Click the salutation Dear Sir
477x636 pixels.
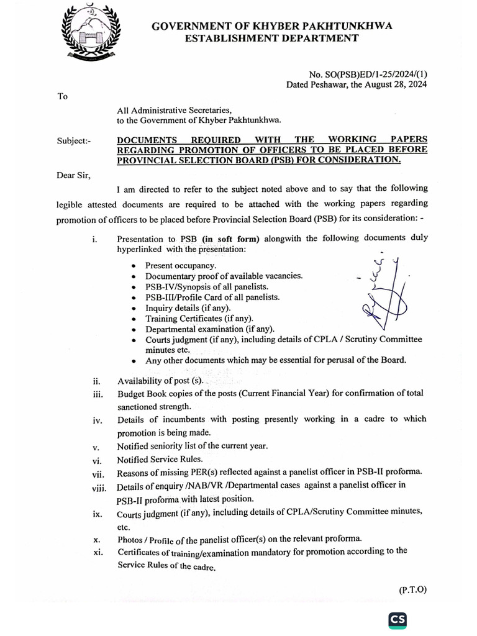click(73, 175)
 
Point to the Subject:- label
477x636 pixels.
click(73, 141)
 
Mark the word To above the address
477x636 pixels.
click(62, 96)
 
